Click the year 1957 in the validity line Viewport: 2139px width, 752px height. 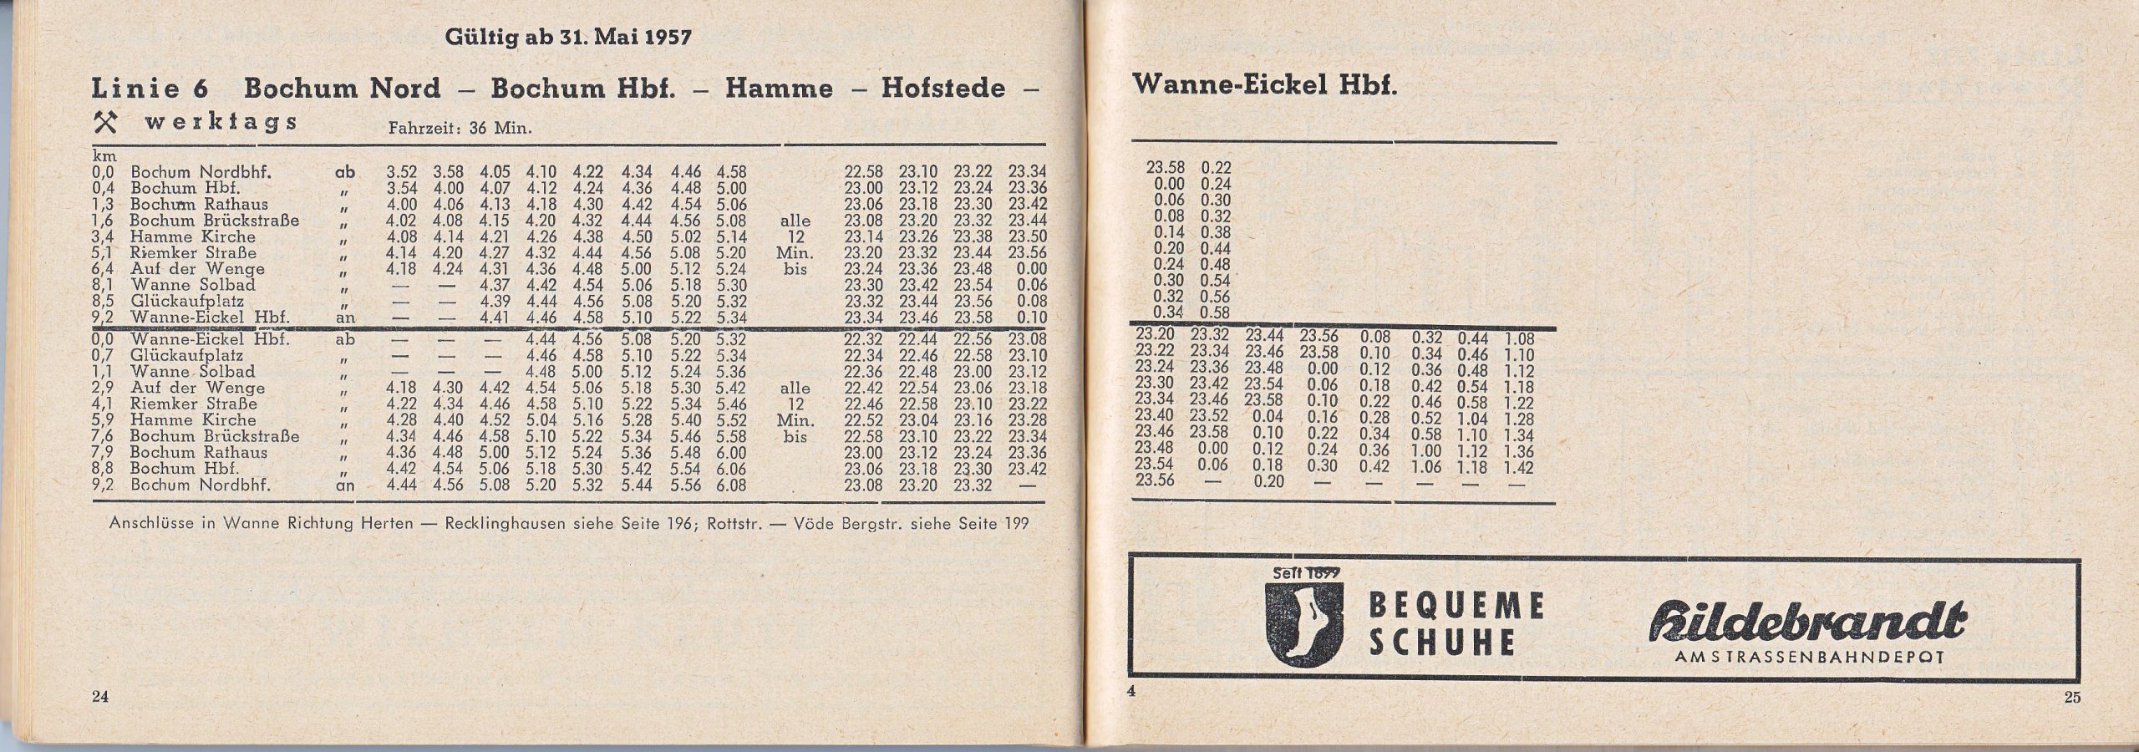click(x=664, y=38)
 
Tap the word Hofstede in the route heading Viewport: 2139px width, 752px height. click(x=942, y=89)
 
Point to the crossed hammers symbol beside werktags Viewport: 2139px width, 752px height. click(x=109, y=123)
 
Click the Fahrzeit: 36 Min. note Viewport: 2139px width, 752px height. click(x=460, y=129)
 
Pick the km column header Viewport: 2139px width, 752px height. click(x=104, y=156)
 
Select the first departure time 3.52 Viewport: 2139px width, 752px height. click(x=402, y=172)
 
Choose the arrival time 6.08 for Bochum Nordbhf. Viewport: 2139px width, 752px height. click(x=731, y=485)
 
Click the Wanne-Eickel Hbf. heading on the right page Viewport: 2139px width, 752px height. click(x=1263, y=87)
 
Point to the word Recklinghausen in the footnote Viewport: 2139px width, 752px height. click(x=504, y=524)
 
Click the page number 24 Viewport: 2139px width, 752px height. click(x=100, y=699)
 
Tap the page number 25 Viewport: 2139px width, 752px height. click(x=2072, y=699)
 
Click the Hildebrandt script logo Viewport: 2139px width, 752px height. click(x=1806, y=622)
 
